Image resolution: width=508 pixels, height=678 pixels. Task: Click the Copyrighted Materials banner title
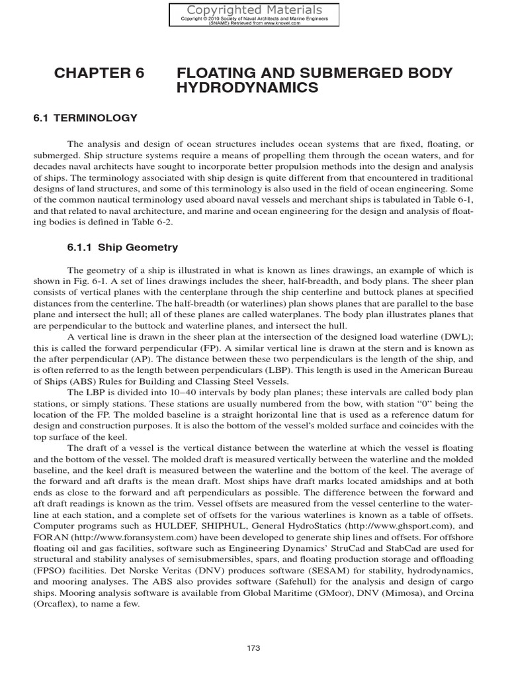(254, 9)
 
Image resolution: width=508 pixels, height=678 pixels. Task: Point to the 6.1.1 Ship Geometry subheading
(122, 248)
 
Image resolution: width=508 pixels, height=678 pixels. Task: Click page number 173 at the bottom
(254, 648)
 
